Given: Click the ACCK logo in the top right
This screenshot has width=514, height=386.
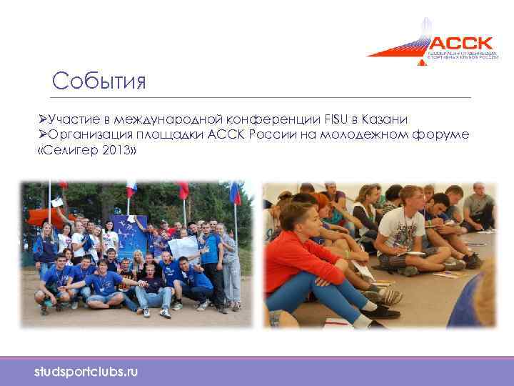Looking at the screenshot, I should coord(433,44).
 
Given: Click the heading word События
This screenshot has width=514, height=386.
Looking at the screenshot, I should coord(99,81).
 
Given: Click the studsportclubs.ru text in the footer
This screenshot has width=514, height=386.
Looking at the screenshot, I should coord(86,372).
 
